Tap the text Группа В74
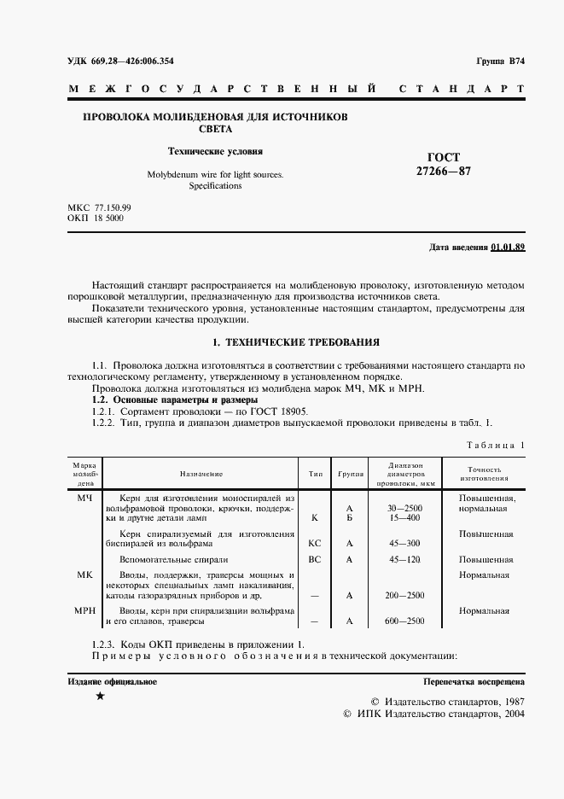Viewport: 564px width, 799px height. pos(500,61)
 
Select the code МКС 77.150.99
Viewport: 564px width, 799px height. pos(99,207)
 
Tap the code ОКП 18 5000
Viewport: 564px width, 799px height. pos(95,219)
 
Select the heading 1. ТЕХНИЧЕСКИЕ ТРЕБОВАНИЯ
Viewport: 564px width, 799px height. pos(295,342)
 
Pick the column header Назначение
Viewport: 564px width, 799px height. pos(201,473)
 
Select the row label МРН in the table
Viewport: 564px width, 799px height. pos(84,610)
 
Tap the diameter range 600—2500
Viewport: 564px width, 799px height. pos(405,621)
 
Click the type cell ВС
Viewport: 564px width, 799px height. pos(315,559)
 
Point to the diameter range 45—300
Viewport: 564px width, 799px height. pos(405,542)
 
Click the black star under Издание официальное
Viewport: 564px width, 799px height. pos(100,697)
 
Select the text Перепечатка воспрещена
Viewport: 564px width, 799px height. pos(474,682)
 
